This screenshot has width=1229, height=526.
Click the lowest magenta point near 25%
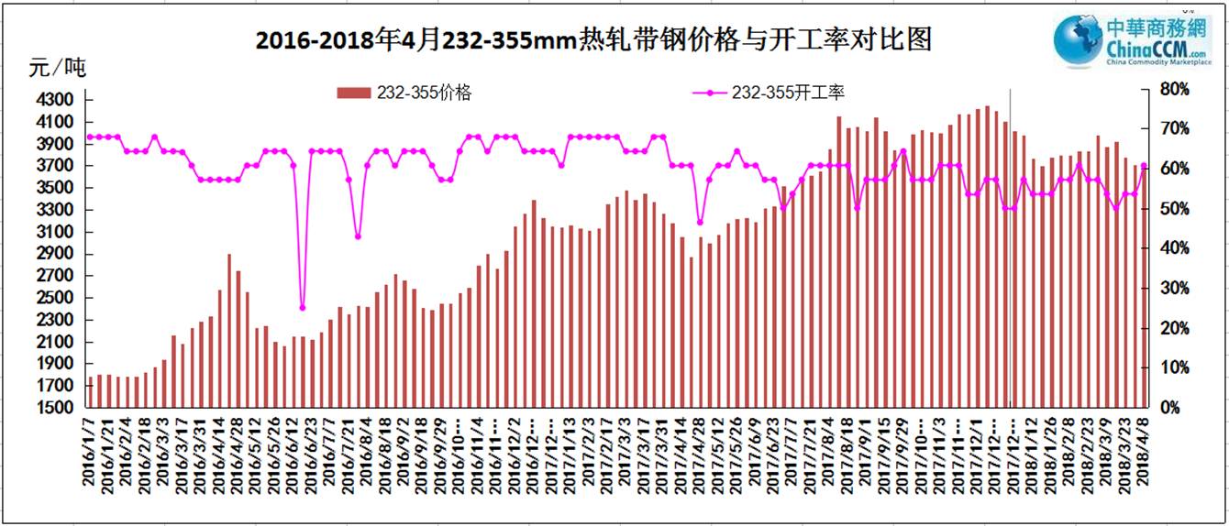pyautogui.click(x=303, y=308)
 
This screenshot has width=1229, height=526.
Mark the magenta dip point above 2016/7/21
pyautogui.click(x=358, y=236)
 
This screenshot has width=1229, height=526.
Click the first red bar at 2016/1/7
pyautogui.click(x=91, y=391)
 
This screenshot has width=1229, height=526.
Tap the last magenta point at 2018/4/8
pyautogui.click(x=1144, y=166)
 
